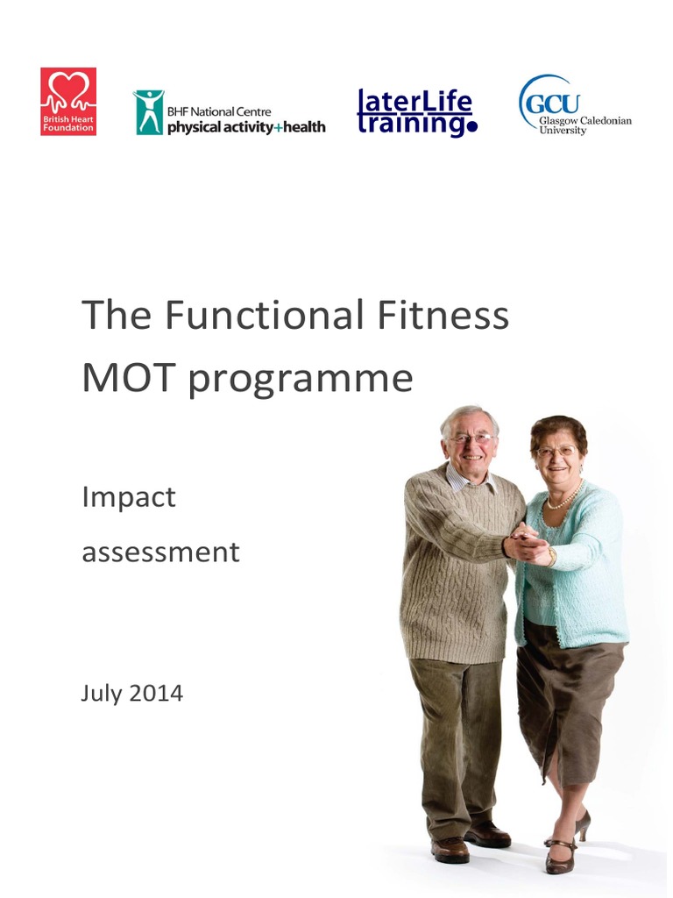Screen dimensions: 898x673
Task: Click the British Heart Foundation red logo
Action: click(x=68, y=102)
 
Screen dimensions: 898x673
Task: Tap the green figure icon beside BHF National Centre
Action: click(x=148, y=112)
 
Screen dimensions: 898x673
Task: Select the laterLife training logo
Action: click(x=416, y=113)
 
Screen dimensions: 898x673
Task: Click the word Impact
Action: click(x=128, y=498)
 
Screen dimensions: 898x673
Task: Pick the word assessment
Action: click(x=160, y=552)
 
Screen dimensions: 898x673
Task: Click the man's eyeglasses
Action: click(x=471, y=438)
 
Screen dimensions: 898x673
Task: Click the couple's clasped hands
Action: click(x=529, y=545)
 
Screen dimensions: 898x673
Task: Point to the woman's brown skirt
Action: click(x=565, y=702)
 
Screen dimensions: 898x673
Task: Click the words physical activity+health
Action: click(x=246, y=127)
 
